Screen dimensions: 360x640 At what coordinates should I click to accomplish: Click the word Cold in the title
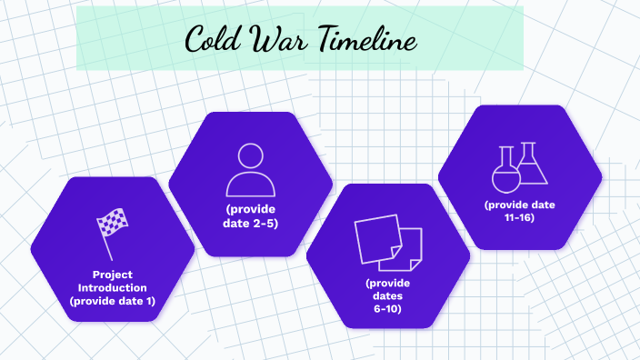coord(212,39)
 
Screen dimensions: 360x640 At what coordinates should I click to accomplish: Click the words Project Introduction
coord(113,280)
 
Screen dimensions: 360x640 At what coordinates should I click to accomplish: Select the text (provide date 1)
coord(113,301)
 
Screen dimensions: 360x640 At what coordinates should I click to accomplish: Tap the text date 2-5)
coord(250,223)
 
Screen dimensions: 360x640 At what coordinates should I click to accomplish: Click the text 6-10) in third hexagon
coord(388,309)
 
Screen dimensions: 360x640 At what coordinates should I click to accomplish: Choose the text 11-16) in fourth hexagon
coord(519,217)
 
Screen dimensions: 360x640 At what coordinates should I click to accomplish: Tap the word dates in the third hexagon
coord(388,295)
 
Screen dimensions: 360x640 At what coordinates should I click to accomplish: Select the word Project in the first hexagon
coord(113,274)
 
